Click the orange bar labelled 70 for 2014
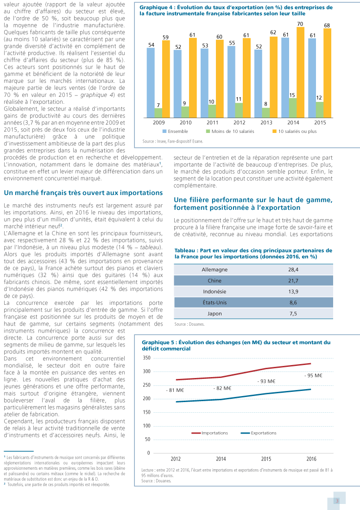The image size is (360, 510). coord(300,72)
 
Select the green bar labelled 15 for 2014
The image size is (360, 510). coord(292,107)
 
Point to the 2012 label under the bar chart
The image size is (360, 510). coord(239,122)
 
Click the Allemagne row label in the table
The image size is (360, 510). coord(215,270)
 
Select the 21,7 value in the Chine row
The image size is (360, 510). coord(293,281)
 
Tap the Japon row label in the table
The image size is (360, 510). coord(215,314)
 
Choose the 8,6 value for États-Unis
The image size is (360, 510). coord(293,302)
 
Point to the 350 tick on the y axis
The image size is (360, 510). coord(146,358)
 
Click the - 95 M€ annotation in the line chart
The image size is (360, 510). coord(313,376)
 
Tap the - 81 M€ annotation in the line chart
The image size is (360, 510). coord(175,390)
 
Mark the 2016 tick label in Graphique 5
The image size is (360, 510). coord(311,459)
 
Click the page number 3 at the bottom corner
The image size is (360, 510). coord(337,500)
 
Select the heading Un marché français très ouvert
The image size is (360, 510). coord(83,193)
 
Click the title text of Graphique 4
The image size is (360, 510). coord(236,11)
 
